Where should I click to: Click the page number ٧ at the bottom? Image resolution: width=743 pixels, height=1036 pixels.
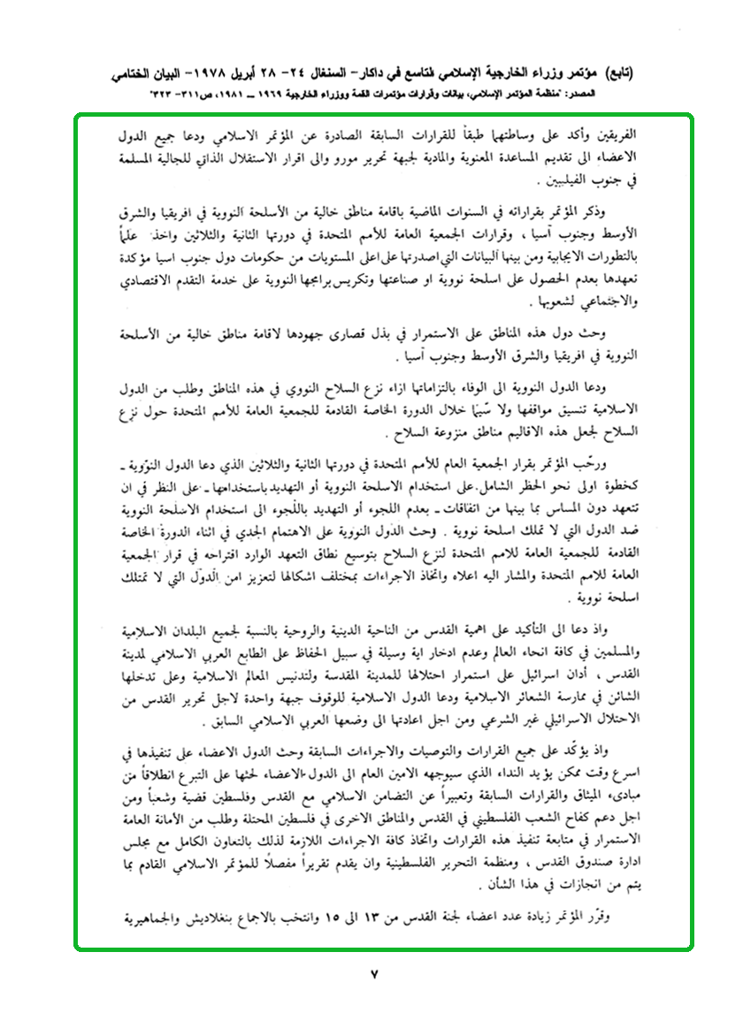tap(372, 975)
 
